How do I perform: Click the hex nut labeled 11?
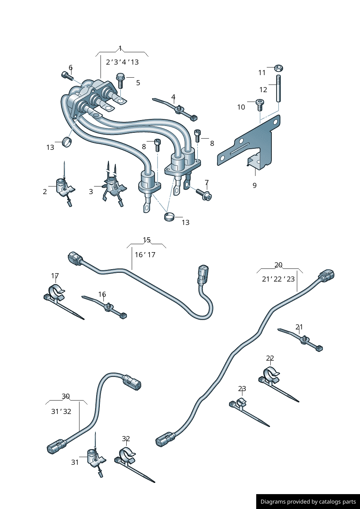click(x=278, y=68)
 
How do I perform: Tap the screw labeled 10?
click(x=260, y=105)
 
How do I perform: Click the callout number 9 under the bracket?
click(x=254, y=185)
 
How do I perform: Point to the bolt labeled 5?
click(x=120, y=81)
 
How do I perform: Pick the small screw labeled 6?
click(x=66, y=75)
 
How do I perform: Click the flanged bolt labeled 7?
click(x=204, y=194)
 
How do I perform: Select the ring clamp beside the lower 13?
click(x=169, y=217)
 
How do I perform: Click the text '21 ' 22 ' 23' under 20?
click(x=278, y=279)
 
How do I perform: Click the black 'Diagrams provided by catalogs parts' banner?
click(x=308, y=501)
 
